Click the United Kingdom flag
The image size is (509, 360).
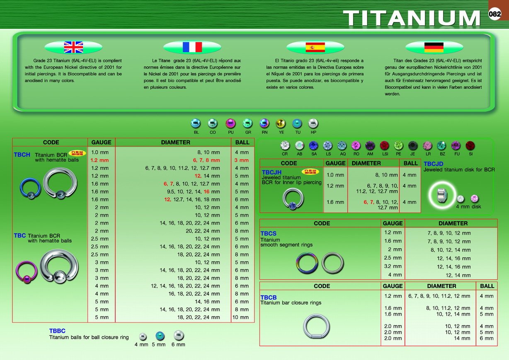coord(73,47)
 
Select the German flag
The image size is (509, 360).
coord(434,48)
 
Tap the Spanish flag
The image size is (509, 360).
coord(315,47)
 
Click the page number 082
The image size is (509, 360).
coord(494,14)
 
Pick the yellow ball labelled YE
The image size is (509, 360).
coord(281,123)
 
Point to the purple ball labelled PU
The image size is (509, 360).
coord(230,123)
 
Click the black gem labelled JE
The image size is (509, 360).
coord(413,146)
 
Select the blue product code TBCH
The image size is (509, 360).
coord(22,155)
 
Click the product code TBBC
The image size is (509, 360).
coord(57,331)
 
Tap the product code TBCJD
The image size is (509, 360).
coord(433,164)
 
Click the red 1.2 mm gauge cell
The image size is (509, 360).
coord(99,160)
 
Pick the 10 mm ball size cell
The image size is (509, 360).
coord(240,317)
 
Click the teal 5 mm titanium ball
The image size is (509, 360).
coord(160,336)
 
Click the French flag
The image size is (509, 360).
coord(192,47)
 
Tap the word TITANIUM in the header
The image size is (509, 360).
coord(412,18)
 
